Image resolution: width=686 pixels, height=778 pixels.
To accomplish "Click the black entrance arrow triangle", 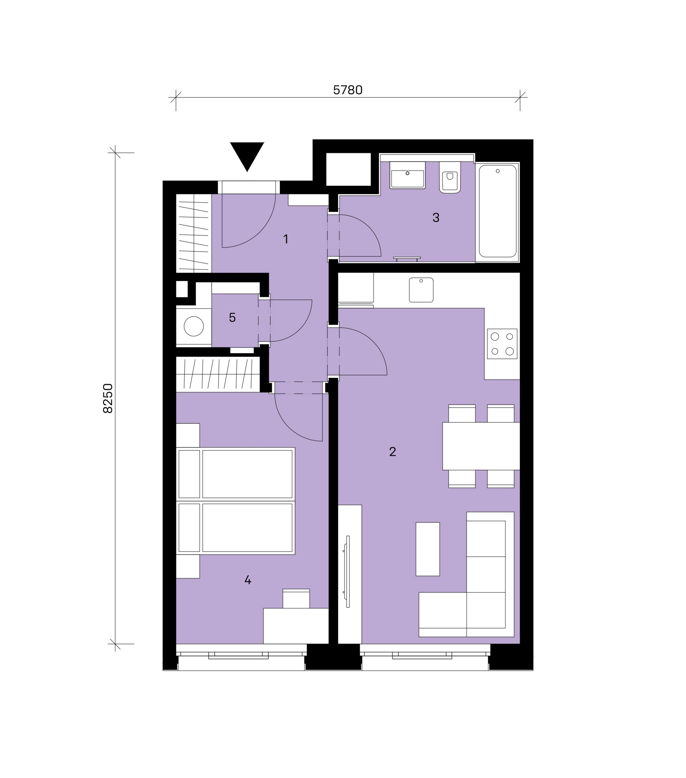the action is click(x=247, y=154).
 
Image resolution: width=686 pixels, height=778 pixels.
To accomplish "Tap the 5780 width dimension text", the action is click(x=347, y=90).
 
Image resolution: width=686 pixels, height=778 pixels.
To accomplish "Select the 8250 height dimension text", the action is click(x=108, y=398).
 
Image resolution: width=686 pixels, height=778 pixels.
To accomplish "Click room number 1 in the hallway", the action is click(x=286, y=239).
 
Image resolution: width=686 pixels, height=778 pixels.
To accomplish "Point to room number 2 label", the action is click(x=393, y=451).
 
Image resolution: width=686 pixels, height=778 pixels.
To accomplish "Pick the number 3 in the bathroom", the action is click(x=436, y=217).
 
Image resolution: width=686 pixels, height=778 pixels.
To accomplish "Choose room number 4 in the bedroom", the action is click(x=248, y=580).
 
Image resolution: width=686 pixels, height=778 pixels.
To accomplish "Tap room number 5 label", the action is click(x=233, y=317).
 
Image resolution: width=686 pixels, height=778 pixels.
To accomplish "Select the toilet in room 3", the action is click(x=450, y=177).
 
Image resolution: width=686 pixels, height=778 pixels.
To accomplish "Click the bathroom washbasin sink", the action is click(x=407, y=175).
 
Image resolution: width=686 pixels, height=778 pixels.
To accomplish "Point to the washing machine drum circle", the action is click(x=194, y=326).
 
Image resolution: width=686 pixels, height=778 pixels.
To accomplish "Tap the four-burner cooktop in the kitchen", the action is click(x=502, y=344).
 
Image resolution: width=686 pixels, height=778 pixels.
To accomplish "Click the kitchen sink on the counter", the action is click(x=421, y=290).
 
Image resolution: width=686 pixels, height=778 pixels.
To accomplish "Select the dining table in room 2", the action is click(x=481, y=446).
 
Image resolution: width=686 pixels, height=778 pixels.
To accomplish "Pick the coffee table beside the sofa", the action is click(x=428, y=549).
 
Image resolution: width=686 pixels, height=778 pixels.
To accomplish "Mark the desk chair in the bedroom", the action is click(x=296, y=599).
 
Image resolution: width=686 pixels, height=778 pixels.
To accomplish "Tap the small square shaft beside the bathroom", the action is click(x=348, y=169).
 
